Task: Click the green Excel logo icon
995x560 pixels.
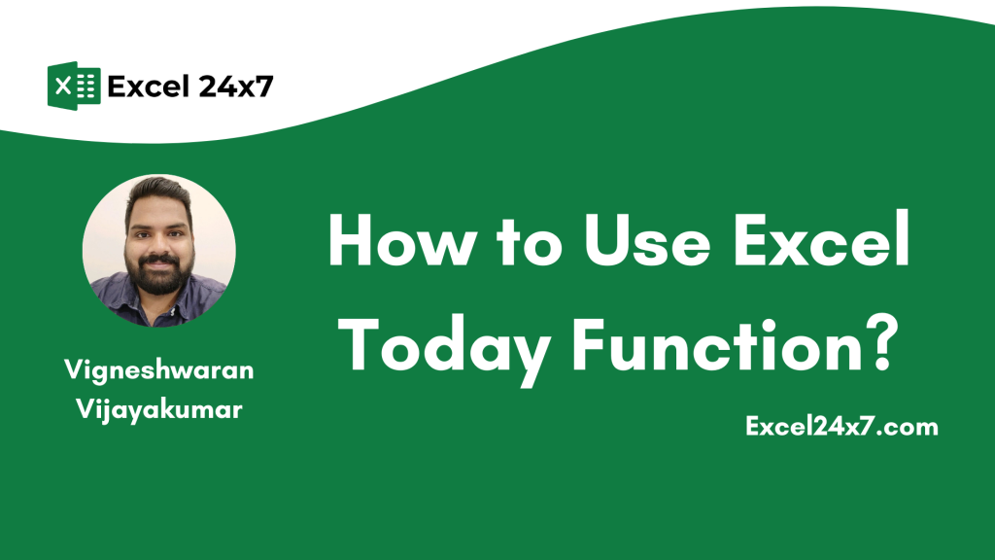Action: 74,86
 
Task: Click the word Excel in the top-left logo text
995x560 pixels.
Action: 149,87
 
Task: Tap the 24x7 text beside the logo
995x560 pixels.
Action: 235,87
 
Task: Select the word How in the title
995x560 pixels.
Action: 402,240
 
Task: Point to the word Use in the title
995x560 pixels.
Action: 647,240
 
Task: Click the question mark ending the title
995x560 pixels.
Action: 879,343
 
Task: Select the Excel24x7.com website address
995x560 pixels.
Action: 841,426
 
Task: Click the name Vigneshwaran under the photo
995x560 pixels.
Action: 158,370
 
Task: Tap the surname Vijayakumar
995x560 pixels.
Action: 159,409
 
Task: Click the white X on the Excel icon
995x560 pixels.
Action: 63,86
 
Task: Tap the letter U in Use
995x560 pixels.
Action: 608,240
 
